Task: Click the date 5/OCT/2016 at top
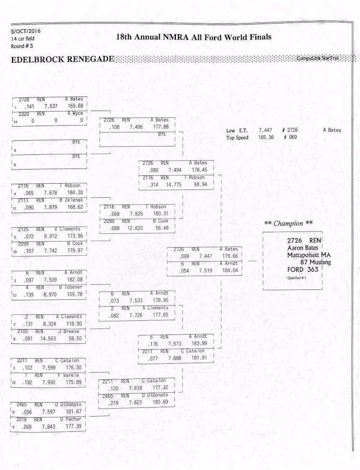26,31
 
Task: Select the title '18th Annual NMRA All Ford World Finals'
194,37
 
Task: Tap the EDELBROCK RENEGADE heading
62,59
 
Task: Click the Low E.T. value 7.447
265,130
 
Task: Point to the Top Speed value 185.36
266,138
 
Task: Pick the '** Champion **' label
288,223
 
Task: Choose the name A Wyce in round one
75,113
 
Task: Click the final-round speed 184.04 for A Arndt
230,271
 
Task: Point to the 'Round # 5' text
22,46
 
